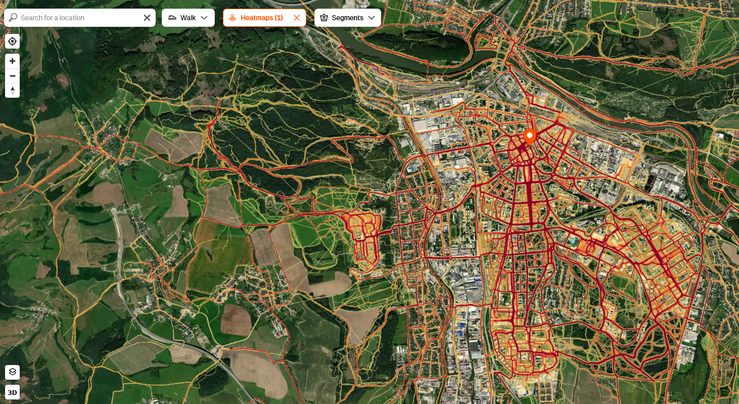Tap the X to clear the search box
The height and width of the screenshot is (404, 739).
coord(147,18)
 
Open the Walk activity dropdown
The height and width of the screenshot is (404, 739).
coord(188,18)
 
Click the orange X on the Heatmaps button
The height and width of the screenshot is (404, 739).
coord(297,18)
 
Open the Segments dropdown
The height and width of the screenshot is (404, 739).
coord(347,18)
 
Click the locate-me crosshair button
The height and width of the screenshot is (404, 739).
coord(13,42)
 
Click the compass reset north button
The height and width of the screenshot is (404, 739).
coord(13,91)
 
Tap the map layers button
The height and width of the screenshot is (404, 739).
coord(13,372)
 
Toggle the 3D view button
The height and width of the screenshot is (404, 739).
coord(13,392)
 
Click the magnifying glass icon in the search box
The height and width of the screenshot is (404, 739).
coord(13,18)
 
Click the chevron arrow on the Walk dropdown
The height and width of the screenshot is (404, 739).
coord(204,18)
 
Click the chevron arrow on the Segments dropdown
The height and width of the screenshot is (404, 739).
coord(372,18)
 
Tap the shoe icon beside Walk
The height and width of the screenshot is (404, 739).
coord(172,18)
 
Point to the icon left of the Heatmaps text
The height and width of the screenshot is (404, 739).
coord(233,18)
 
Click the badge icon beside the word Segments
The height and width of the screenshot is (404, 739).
coord(324,18)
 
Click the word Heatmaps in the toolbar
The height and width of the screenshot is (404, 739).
coord(257,18)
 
